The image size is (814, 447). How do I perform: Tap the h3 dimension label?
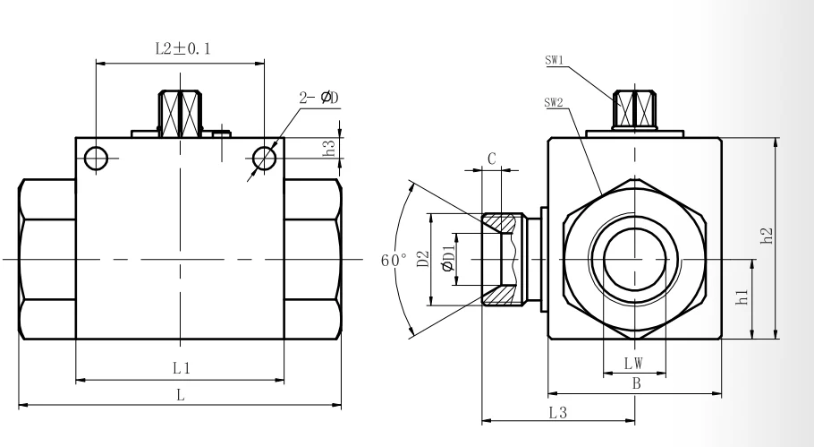coord(331,149)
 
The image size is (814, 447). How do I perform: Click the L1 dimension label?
coord(180,368)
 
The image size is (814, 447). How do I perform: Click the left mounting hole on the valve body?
coord(96,159)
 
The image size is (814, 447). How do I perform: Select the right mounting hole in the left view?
coord(265,159)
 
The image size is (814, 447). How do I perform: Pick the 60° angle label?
coord(394,261)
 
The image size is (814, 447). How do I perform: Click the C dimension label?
coord(492,158)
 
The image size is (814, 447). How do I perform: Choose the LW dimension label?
coord(633,364)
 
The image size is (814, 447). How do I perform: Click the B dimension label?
coord(633,383)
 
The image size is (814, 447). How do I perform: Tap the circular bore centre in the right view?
coord(634,261)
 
